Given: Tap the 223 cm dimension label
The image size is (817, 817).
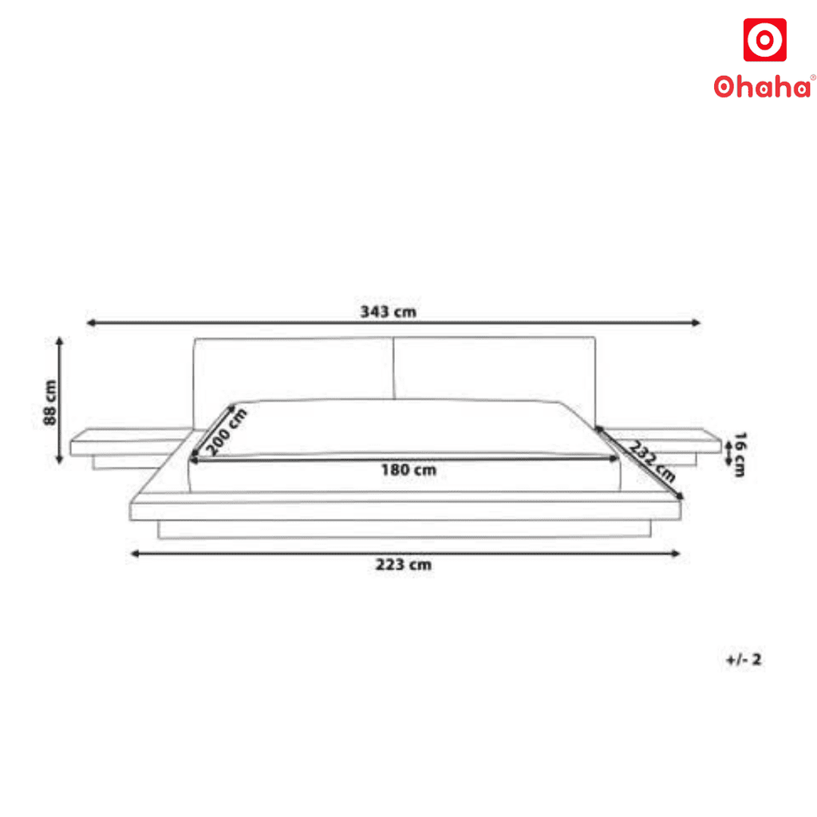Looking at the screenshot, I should point(404,565).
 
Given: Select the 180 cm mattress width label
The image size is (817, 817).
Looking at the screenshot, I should point(408,470).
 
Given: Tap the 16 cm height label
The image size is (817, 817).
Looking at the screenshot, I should point(740,454).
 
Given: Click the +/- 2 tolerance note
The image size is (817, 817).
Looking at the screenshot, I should point(744,660).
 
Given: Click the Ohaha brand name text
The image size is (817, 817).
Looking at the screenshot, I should point(764,86).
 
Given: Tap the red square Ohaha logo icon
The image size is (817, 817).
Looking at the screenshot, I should point(764,40).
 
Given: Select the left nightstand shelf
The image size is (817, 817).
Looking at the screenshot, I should point(128,440).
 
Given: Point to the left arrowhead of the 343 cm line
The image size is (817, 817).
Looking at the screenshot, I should point(90,323).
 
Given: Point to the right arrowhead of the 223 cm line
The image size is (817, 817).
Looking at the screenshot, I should point(677,554).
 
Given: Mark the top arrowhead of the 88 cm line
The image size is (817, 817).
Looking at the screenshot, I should point(59,341).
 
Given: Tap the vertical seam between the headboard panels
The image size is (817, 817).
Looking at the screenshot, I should point(393,369).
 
